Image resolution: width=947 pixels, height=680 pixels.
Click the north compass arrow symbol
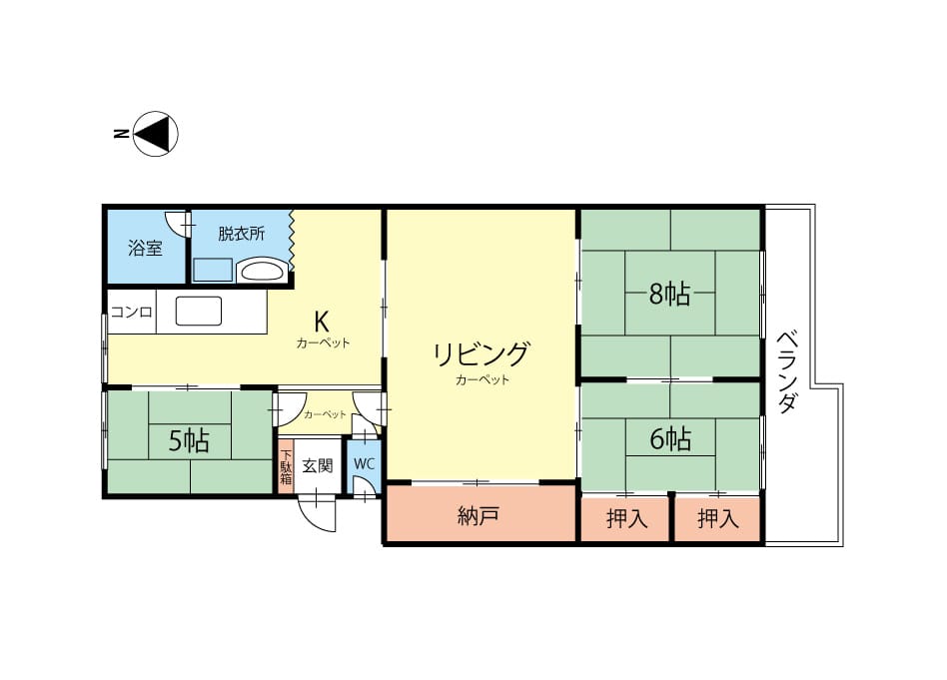click(155, 134)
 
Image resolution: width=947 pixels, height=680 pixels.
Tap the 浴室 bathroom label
click(145, 248)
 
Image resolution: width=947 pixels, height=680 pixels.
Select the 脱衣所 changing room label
click(241, 234)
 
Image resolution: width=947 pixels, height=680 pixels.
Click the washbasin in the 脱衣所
click(262, 271)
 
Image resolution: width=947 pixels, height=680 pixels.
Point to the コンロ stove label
click(131, 313)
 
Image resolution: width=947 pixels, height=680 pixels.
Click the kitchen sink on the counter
click(199, 311)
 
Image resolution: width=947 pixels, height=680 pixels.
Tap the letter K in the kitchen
click(322, 322)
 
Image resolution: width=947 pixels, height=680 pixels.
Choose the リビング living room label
click(481, 353)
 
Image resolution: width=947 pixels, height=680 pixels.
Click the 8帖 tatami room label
click(669, 295)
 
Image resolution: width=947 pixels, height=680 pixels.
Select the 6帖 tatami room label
click(670, 439)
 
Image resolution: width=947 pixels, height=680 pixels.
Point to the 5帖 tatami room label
click(189, 441)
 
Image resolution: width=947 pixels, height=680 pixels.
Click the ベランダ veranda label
click(786, 371)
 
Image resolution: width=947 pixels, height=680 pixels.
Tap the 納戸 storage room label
click(477, 515)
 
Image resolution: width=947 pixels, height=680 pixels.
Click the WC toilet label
click(365, 463)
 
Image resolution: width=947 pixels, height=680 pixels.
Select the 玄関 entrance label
click(318, 465)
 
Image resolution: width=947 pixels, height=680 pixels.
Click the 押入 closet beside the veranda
click(718, 518)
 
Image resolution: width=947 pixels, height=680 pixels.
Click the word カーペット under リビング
click(482, 379)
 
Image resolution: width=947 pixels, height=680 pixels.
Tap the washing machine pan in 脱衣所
click(213, 270)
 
